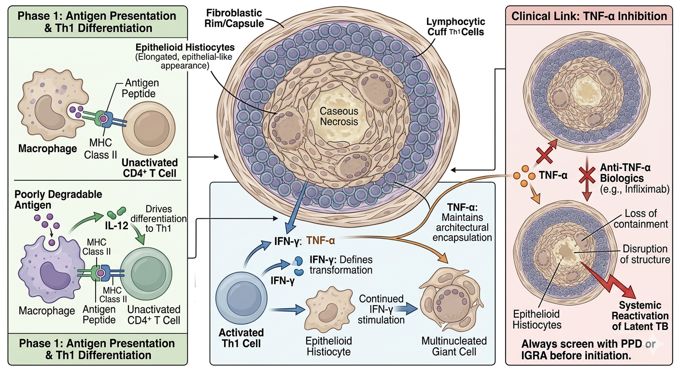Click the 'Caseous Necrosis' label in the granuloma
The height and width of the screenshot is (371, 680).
[339, 116]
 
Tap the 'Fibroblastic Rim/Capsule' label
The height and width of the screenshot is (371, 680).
[234, 18]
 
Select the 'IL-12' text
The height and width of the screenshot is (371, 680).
[116, 226]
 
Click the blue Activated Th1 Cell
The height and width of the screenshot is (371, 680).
[241, 298]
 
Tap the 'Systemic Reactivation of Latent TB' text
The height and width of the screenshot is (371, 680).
[640, 315]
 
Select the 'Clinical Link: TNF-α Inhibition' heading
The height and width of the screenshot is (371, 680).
[589, 16]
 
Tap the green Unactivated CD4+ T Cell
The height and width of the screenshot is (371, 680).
[146, 274]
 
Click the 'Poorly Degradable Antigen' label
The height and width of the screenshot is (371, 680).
[58, 200]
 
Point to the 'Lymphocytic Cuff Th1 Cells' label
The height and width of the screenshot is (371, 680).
[455, 27]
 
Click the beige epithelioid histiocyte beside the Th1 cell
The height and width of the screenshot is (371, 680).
[329, 309]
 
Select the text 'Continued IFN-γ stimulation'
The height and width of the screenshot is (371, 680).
[381, 309]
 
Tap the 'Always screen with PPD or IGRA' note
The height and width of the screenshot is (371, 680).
[588, 349]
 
